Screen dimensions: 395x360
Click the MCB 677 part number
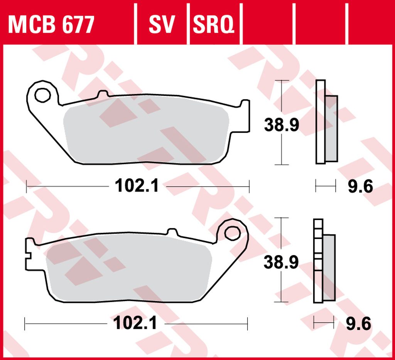51,24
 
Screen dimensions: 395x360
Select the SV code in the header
162,24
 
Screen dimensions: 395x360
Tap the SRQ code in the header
213,24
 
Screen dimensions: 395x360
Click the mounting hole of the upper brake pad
42,95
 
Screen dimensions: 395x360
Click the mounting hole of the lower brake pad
232,233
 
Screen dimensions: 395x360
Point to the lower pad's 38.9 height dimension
281,262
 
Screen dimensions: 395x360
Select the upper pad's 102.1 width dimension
137,186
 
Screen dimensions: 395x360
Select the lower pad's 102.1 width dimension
135,323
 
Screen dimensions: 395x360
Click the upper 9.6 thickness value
360,187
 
